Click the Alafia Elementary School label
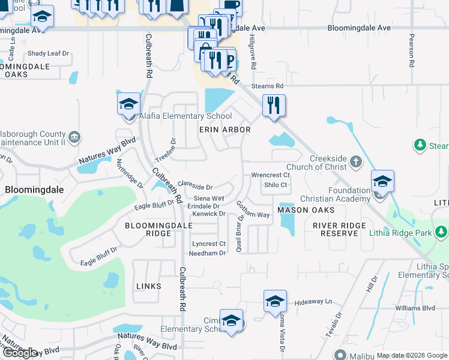185,116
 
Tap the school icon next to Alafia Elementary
128,105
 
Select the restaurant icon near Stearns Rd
274,106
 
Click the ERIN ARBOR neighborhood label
224,130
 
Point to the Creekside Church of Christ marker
356,161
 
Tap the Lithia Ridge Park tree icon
442,231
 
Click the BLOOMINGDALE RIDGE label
158,229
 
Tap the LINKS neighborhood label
149,286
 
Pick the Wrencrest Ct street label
271,175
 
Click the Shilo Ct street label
276,185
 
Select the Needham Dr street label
207,253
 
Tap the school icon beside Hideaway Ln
275,301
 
